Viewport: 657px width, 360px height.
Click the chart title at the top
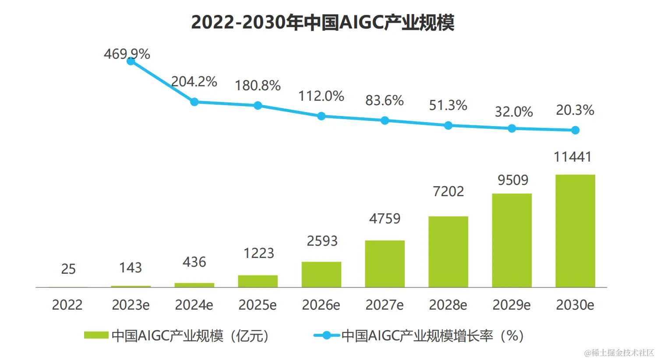[x=323, y=23]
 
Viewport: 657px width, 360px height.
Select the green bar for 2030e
[x=575, y=231]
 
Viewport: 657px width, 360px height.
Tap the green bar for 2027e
[x=385, y=264]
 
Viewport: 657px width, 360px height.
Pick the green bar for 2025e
[x=258, y=281]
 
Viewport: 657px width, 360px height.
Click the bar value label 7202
[x=448, y=191]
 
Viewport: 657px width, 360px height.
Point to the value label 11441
[x=572, y=157]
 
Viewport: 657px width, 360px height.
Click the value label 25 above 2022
[x=68, y=269]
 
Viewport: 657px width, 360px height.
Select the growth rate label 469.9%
[x=127, y=54]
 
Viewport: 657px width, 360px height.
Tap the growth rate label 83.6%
[x=385, y=101]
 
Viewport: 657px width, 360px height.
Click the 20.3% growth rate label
[x=575, y=110]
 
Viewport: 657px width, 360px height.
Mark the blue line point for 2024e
[x=194, y=102]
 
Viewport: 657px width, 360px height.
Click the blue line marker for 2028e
[x=448, y=126]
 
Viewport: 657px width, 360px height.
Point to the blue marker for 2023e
[x=131, y=61]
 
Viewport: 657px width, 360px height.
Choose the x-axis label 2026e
[x=321, y=305]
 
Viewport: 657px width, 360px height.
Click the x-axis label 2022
[x=67, y=305]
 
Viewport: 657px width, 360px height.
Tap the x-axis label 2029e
[x=512, y=305]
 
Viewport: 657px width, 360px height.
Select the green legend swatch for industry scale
[x=96, y=335]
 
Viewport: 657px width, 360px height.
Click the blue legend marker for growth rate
[x=326, y=335]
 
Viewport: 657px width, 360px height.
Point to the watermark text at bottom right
[x=618, y=353]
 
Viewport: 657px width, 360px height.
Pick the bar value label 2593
[x=322, y=241]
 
